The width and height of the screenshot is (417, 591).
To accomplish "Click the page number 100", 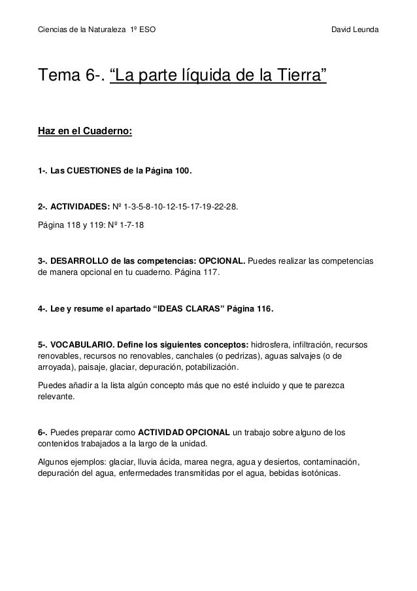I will click(x=182, y=171).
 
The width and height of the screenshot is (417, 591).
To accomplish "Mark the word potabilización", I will click(x=231, y=368).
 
